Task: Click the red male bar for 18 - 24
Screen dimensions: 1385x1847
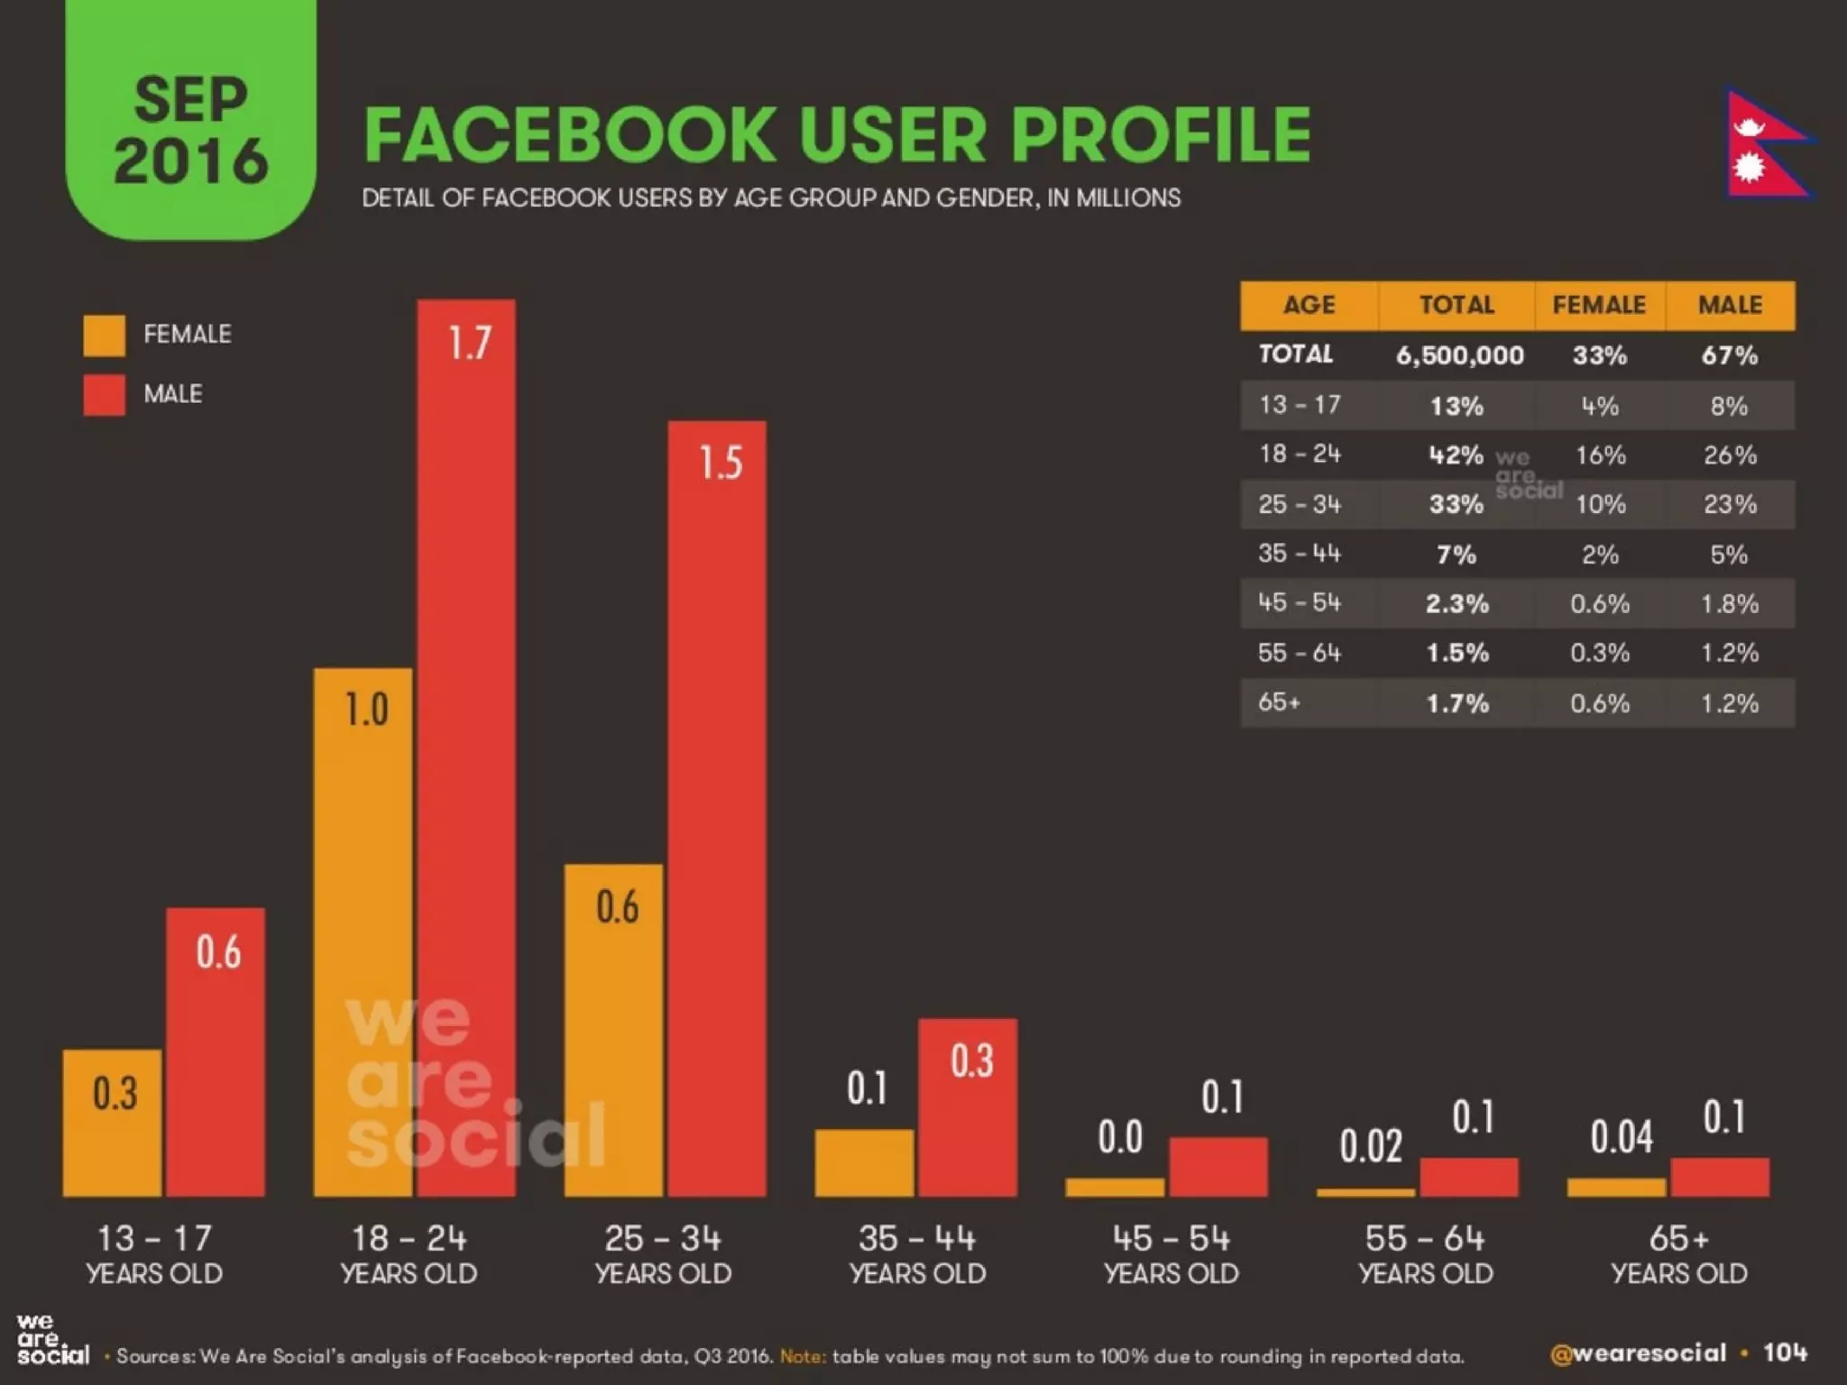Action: click(466, 748)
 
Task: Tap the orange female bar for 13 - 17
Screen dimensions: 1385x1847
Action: click(113, 1123)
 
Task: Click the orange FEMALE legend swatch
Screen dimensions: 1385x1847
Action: click(104, 335)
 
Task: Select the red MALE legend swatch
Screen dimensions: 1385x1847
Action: click(104, 395)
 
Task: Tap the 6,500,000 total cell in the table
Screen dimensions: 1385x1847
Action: click(1459, 355)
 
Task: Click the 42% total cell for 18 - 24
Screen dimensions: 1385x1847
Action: click(1456, 454)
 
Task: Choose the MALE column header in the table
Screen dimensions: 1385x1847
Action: click(1729, 305)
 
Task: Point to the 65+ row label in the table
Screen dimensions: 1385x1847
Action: click(1279, 702)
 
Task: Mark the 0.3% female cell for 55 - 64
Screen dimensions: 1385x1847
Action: click(1599, 653)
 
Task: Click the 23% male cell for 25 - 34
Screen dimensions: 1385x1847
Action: click(1729, 504)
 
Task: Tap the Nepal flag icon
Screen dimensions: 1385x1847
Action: click(1765, 144)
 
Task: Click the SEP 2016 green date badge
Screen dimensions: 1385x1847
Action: click(190, 126)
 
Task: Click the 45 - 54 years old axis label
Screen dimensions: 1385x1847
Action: click(1171, 1253)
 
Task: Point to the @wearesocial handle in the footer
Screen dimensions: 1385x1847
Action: click(1637, 1353)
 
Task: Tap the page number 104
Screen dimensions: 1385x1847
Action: click(1785, 1353)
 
